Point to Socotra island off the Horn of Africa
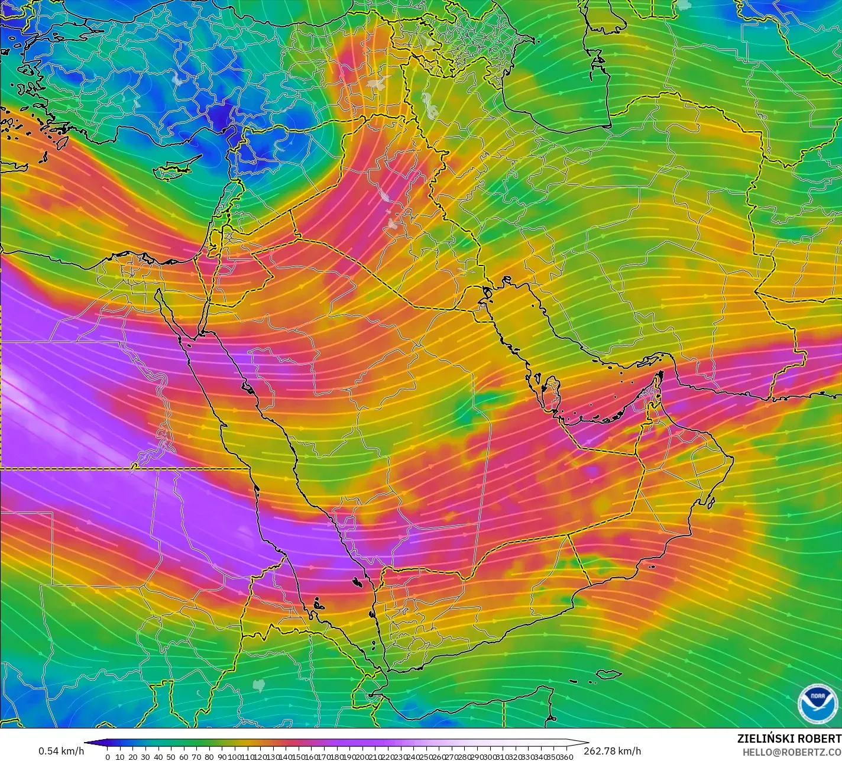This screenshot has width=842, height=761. click(608, 674)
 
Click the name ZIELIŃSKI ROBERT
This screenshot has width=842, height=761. click(789, 739)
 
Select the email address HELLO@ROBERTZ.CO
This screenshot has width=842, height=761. click(792, 752)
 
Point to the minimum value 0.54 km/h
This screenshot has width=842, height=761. click(61, 751)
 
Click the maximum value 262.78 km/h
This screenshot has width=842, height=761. click(613, 751)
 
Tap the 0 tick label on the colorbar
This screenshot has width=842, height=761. click(107, 756)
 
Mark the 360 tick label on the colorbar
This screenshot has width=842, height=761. click(566, 756)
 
